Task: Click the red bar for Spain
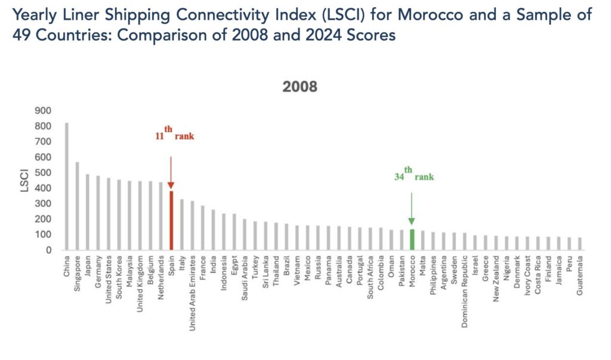171,221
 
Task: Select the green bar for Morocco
411,239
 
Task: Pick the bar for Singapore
77,206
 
